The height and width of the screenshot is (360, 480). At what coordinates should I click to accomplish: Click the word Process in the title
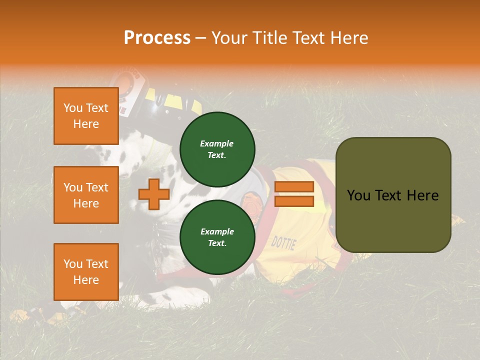157,38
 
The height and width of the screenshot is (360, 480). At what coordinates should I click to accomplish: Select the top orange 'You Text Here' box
86,116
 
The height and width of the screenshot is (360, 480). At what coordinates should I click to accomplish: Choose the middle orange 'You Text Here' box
86,195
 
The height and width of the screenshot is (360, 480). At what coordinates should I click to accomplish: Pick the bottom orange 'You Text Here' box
86,271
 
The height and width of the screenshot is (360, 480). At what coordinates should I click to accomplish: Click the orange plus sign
154,194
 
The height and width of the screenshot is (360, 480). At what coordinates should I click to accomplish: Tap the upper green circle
217,149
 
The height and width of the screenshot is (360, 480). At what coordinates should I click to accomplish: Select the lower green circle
217,237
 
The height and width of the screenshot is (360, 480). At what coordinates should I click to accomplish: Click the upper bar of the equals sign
294,186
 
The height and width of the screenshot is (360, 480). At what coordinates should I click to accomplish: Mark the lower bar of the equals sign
294,201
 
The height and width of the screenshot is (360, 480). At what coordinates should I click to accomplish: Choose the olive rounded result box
393,195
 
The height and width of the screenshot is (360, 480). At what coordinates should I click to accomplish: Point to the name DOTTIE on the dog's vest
283,243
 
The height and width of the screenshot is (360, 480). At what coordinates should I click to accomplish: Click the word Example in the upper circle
216,143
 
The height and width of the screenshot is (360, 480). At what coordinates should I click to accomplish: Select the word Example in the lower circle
217,231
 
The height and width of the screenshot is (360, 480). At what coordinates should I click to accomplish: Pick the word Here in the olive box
422,195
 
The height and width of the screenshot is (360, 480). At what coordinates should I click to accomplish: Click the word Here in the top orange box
86,124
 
